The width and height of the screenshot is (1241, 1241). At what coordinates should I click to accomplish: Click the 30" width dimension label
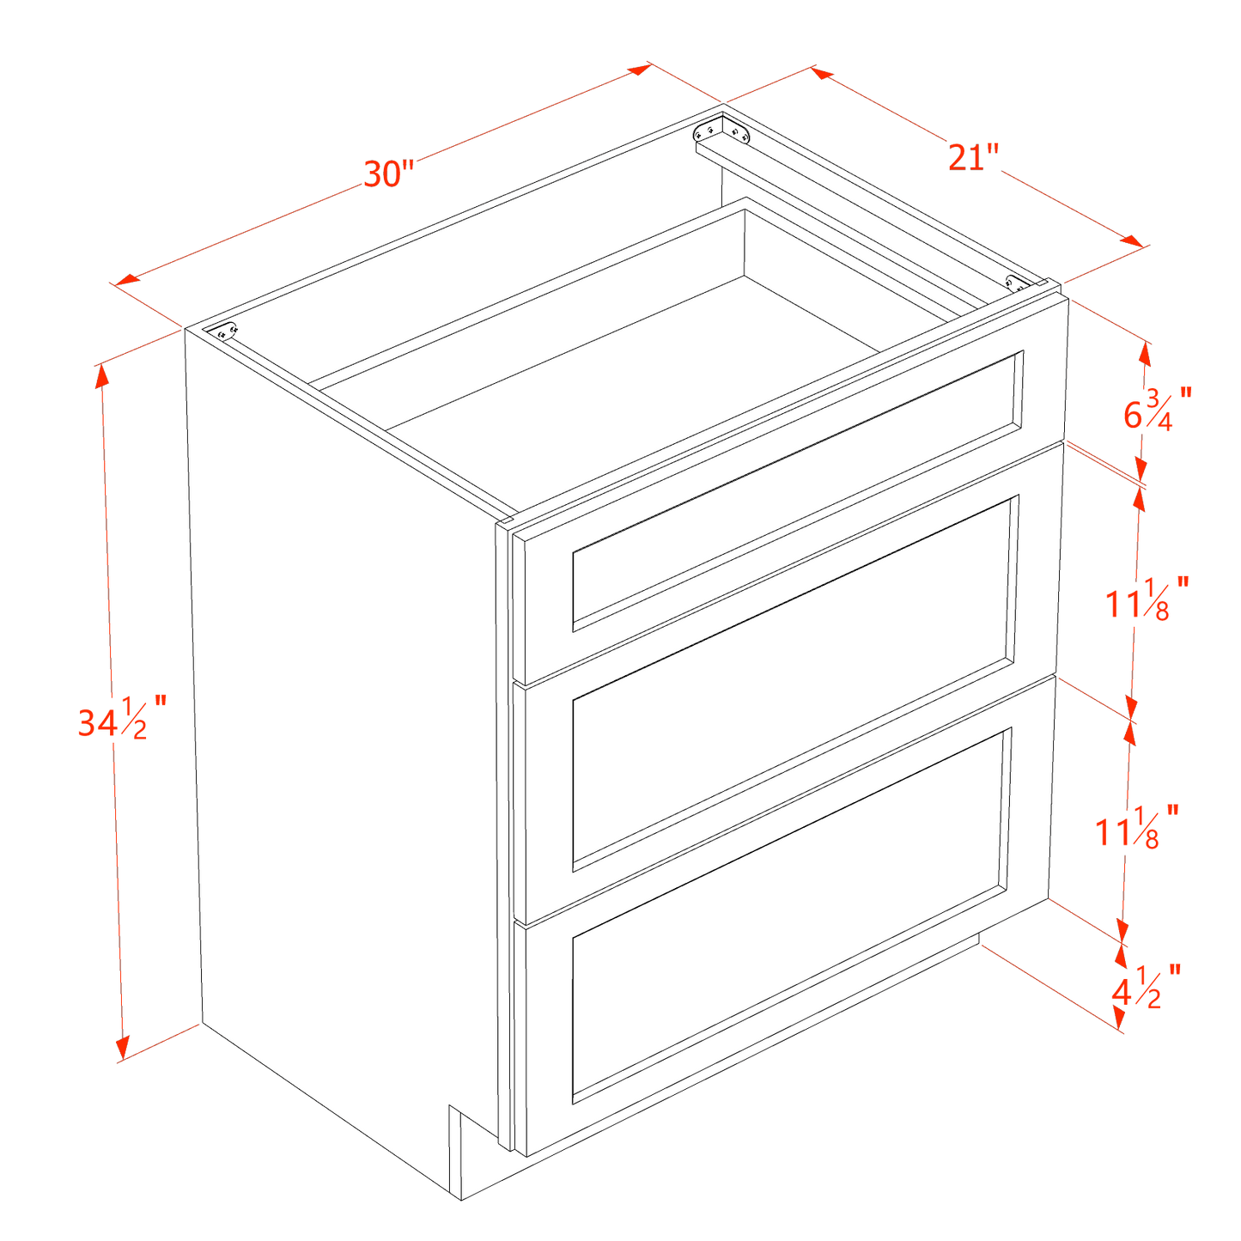[389, 175]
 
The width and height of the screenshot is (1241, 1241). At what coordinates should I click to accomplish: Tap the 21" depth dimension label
[974, 159]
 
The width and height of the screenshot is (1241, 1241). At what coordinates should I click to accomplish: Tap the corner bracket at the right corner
[1014, 283]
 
